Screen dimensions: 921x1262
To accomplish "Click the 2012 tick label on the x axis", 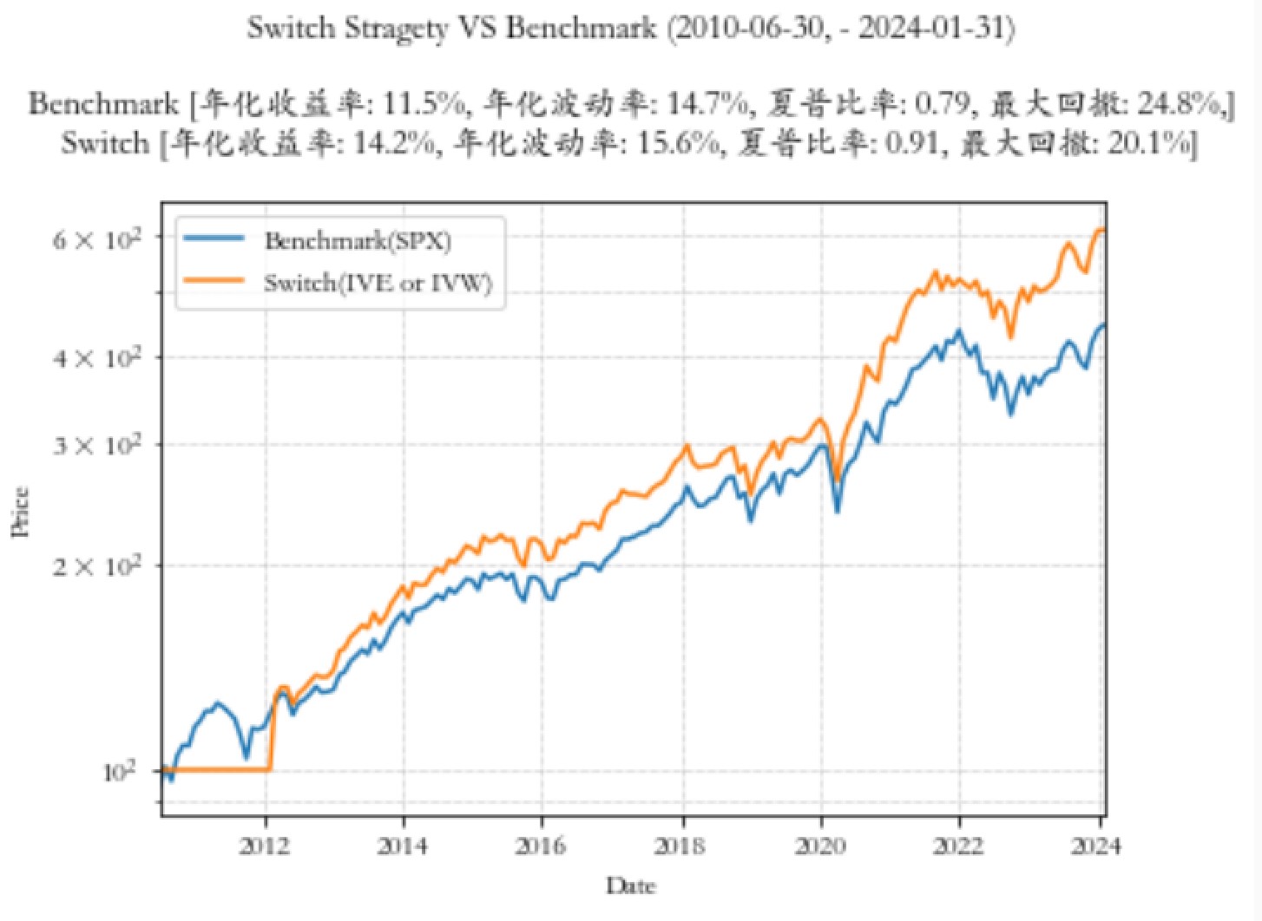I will pyautogui.click(x=265, y=846).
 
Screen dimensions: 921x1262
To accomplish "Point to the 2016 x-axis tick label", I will pyautogui.click(x=541, y=846).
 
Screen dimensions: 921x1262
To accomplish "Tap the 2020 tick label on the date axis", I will pyautogui.click(x=820, y=846).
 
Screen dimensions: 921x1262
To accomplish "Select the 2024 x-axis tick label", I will pyautogui.click(x=1095, y=846).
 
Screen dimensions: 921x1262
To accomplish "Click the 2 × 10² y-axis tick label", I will pyautogui.click(x=96, y=566).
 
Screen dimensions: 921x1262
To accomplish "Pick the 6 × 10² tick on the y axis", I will pyautogui.click(x=96, y=238).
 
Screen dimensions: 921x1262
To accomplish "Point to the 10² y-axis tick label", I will pyautogui.click(x=118, y=771).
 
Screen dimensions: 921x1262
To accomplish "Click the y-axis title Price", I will pyautogui.click(x=21, y=512).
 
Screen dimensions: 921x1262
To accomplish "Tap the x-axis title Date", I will pyautogui.click(x=631, y=886).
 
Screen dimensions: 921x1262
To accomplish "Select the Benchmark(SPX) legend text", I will pyautogui.click(x=358, y=240).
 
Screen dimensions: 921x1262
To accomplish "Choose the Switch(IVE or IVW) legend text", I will pyautogui.click(x=378, y=283).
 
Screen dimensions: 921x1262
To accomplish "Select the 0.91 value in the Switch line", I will pyautogui.click(x=911, y=143).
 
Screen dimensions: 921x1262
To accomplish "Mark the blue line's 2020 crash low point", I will pyautogui.click(x=838, y=511).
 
